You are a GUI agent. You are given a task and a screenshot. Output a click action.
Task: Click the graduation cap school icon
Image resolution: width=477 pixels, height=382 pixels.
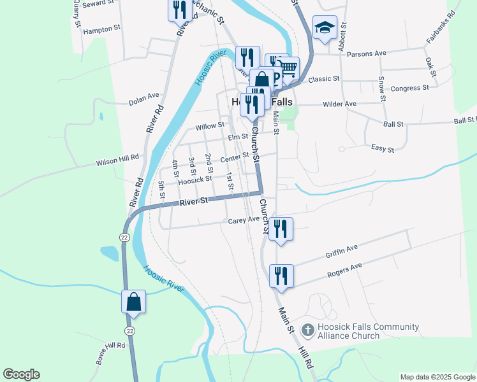click(325, 27)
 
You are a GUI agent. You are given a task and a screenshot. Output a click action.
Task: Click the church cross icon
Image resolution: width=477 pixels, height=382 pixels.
click(308, 330)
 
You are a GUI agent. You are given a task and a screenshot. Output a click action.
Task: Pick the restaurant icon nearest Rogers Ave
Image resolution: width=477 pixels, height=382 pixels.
click(281, 276)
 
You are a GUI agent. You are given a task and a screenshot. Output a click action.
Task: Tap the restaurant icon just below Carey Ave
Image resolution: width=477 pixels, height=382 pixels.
click(281, 229)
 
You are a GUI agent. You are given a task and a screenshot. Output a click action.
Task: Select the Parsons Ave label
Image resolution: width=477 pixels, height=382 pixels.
click(367, 53)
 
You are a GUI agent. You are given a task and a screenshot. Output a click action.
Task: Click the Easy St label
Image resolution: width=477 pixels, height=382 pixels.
click(383, 149)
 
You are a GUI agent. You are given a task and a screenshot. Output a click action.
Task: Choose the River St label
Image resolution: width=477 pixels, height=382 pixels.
click(194, 202)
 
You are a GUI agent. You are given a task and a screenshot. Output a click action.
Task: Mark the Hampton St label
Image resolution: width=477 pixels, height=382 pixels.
click(102, 29)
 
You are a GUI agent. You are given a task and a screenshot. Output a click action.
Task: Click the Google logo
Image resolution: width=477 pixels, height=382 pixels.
click(21, 374)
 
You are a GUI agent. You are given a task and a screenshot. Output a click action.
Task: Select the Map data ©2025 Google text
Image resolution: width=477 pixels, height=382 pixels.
click(437, 377)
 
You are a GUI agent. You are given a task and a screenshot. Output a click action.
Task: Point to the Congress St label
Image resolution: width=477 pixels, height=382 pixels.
click(409, 88)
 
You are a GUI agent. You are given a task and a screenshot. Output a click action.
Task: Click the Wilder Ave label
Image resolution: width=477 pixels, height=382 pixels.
click(340, 104)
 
